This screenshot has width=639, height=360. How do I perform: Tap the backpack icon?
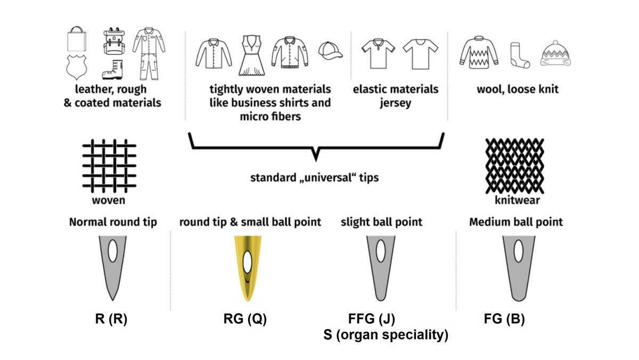tap(113, 41)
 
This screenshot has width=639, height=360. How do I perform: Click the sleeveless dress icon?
tap(251, 55)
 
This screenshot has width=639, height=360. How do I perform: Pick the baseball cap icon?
tap(330, 51)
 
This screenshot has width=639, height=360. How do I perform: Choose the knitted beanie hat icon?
tap(555, 53)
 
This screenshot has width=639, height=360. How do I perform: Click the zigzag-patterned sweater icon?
tap(479, 53)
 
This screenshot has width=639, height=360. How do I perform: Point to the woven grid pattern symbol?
tap(110, 166)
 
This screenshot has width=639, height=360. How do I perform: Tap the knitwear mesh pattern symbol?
tap(515, 166)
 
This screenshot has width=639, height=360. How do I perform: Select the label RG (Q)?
tap(245, 319)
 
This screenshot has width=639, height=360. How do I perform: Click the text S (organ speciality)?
tap(386, 335)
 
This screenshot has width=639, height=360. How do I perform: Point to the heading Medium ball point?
tap(515, 222)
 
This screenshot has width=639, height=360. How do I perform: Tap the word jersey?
tap(395, 103)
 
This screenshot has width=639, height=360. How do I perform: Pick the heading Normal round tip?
tap(113, 222)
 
